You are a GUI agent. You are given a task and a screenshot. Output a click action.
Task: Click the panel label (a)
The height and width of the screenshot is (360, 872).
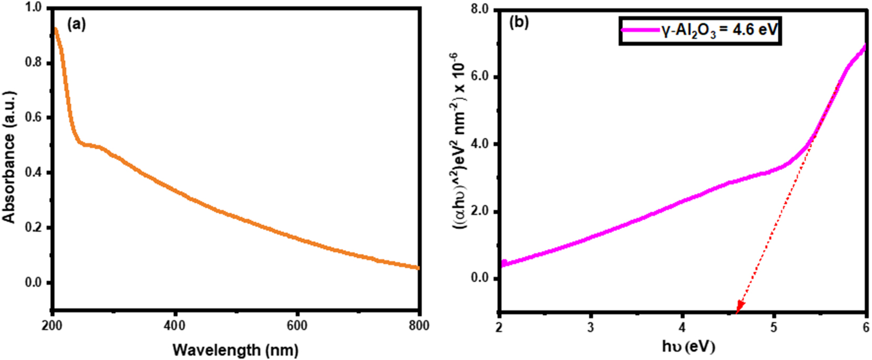(76, 24)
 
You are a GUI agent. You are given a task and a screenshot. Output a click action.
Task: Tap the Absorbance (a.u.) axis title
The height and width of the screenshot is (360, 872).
(9, 157)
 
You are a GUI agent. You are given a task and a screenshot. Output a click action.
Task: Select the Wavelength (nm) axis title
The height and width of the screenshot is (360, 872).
(235, 349)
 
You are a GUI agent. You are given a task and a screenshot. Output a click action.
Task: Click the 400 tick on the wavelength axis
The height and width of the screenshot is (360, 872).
(175, 326)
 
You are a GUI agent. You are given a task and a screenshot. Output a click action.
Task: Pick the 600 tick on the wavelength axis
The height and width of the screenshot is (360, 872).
(297, 326)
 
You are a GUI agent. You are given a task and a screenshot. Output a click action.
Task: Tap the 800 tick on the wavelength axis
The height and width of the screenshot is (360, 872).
(418, 326)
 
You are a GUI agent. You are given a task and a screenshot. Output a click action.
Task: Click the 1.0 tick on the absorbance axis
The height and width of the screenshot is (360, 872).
(33, 8)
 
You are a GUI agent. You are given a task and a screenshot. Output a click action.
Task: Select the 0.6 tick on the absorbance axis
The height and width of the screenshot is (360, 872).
(33, 118)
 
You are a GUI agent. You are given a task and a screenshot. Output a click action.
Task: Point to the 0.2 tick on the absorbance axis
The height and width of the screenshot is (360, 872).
(33, 228)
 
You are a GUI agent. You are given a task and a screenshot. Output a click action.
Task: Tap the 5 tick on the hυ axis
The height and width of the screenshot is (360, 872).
(774, 327)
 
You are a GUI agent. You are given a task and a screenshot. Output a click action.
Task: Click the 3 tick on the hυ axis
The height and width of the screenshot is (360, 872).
(591, 327)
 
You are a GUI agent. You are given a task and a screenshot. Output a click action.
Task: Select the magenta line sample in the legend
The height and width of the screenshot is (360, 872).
(640, 30)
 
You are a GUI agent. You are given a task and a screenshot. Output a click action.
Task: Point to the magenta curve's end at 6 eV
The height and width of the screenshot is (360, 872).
(865, 46)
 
